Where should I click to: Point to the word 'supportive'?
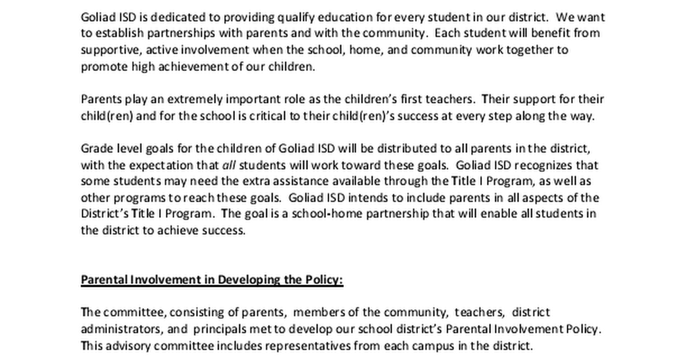click(x=107, y=50)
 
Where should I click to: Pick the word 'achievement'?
click(x=173, y=66)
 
